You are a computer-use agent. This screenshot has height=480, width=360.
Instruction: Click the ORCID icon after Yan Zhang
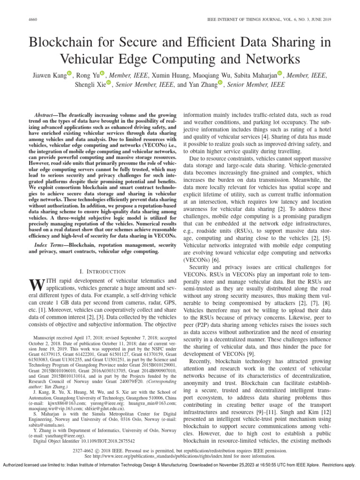pos(221,84)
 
